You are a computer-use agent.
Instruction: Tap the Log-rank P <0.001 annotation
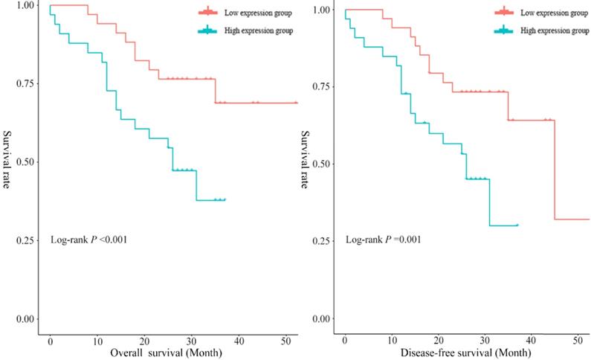[88, 240]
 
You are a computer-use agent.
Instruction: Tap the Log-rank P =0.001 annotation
[383, 240]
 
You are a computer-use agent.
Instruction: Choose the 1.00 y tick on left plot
[23, 5]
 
